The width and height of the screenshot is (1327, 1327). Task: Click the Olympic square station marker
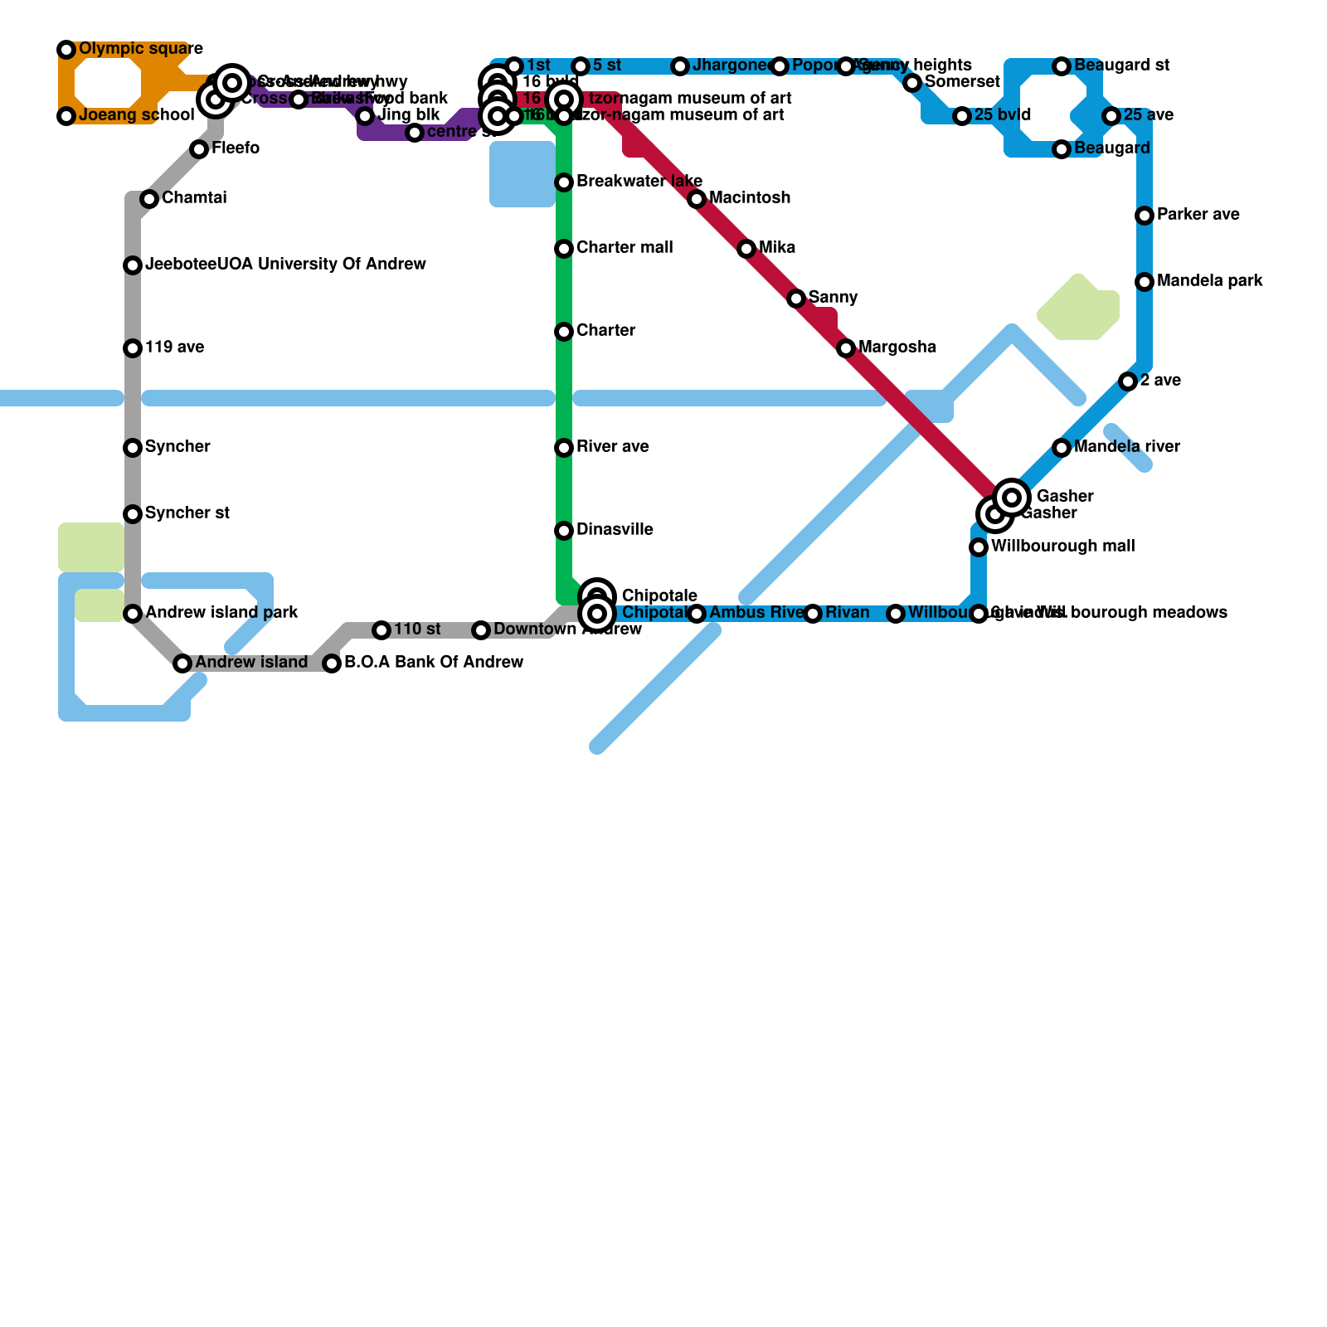(x=66, y=50)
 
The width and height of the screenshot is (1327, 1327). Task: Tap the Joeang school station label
(x=136, y=115)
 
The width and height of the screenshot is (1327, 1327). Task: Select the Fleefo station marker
(x=199, y=149)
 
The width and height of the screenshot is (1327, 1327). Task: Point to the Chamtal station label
(x=194, y=198)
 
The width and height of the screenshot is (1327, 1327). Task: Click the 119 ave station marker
(x=133, y=348)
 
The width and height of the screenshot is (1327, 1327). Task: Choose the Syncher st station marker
(x=133, y=514)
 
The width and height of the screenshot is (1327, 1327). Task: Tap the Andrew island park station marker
(x=133, y=614)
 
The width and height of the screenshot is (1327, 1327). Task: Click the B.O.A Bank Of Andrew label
(x=433, y=663)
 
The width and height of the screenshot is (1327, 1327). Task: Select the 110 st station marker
(x=382, y=630)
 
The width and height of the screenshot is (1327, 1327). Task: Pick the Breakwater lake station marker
(x=564, y=182)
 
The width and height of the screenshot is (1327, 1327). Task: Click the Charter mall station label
(x=624, y=248)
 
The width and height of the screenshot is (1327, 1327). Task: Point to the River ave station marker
(x=564, y=448)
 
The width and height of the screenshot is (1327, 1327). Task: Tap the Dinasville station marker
(x=564, y=531)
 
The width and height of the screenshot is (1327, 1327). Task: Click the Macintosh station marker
(x=697, y=199)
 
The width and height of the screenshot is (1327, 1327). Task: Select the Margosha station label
(x=897, y=348)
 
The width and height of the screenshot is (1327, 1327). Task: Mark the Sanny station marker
(x=796, y=299)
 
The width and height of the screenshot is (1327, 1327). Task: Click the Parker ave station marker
(x=1145, y=216)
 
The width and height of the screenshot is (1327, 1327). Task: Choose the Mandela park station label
(x=1209, y=281)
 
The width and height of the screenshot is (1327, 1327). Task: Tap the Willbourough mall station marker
(x=979, y=547)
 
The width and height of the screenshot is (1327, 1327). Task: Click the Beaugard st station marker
(x=1062, y=66)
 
